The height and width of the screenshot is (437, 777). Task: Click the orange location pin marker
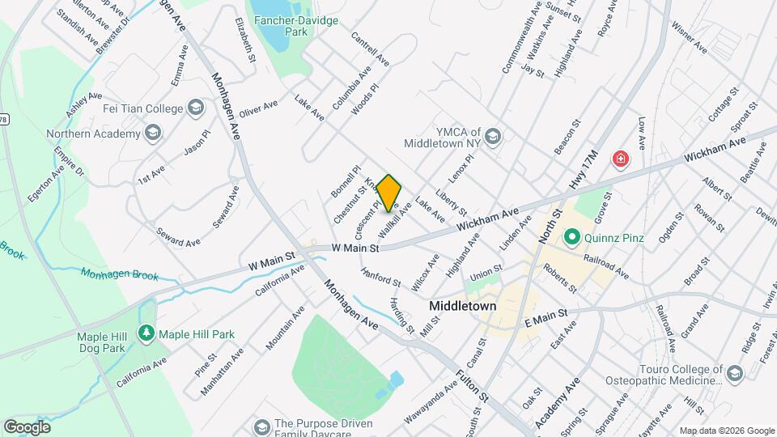click(389, 192)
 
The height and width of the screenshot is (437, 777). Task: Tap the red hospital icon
click(621, 159)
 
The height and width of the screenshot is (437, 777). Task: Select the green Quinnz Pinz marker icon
click(572, 237)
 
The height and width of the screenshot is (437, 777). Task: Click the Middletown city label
click(462, 307)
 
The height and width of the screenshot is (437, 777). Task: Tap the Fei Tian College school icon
click(195, 108)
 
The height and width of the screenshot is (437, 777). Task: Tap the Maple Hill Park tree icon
click(146, 333)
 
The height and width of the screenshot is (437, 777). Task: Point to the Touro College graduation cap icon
click(733, 372)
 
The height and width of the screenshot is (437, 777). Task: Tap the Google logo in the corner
click(27, 426)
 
